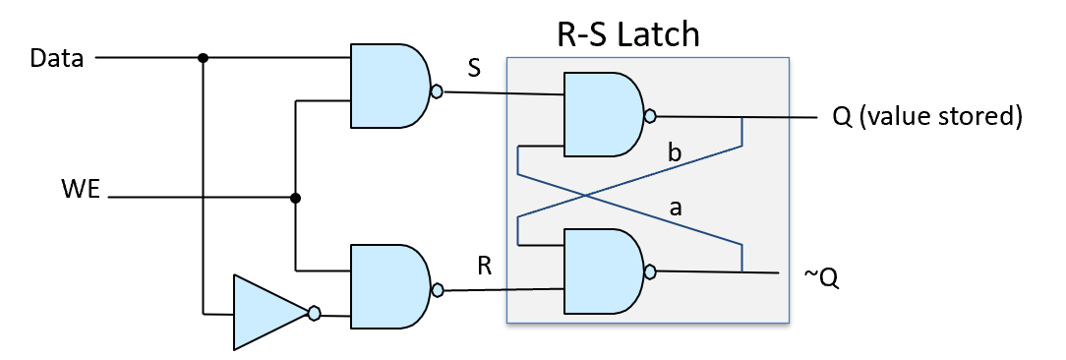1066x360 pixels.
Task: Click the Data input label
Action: [57, 58]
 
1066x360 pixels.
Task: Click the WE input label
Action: [80, 189]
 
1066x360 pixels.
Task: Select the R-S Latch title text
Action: [627, 35]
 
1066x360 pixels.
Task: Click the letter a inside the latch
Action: [674, 209]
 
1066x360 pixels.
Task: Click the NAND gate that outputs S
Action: [388, 86]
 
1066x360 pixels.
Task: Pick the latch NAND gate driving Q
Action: [601, 114]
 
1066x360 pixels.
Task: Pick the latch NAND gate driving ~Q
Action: [601, 270]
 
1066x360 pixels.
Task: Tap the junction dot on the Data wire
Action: [203, 58]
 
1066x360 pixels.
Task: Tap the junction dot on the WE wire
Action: [295, 198]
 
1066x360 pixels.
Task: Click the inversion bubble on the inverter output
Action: [314, 314]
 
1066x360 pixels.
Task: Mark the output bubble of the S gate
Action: [437, 92]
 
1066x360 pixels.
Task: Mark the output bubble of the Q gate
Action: [649, 116]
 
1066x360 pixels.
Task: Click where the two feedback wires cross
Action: [585, 195]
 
